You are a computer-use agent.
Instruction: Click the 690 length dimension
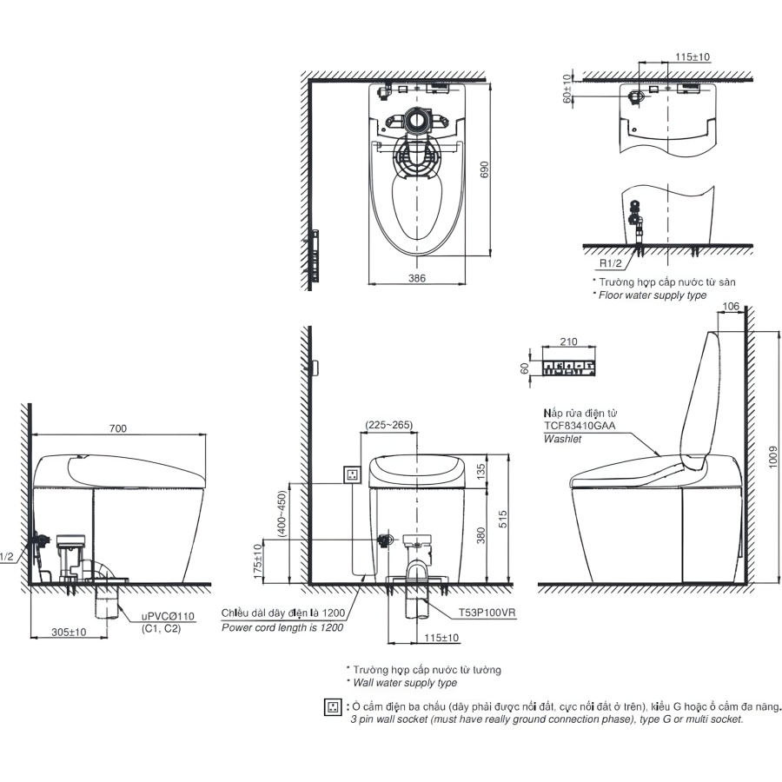[484, 169]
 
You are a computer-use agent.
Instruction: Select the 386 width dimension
[417, 278]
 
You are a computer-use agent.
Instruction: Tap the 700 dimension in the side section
[117, 428]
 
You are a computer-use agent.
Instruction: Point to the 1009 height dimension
[772, 456]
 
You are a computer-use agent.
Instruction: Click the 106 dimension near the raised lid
[731, 306]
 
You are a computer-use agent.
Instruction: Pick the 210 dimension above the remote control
[568, 341]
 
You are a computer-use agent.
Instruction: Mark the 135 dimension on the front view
[480, 471]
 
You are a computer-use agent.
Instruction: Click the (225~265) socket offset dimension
[389, 425]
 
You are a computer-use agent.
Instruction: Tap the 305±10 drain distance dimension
[69, 632]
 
